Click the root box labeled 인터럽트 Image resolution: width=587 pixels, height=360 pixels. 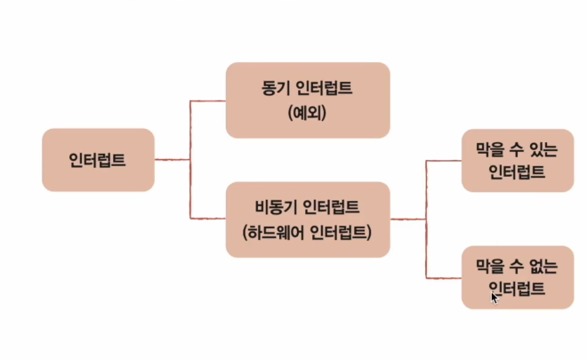tap(98, 161)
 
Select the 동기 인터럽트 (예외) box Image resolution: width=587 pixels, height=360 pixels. tap(308, 100)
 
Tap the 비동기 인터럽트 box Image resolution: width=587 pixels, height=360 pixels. tap(308, 220)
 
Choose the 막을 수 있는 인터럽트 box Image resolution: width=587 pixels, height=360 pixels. tap(517, 161)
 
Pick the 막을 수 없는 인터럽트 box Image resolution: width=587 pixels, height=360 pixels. tap(517, 277)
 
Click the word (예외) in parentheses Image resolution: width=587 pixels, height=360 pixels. tap(308, 113)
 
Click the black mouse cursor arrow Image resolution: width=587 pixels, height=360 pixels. tap(495, 297)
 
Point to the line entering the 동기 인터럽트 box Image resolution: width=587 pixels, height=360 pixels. tap(209, 100)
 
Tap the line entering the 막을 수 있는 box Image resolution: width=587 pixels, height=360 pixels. tap(445, 161)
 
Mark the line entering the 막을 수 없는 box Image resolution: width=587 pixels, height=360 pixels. tap(445, 277)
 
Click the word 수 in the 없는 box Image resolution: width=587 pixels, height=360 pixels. tap(518, 265)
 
